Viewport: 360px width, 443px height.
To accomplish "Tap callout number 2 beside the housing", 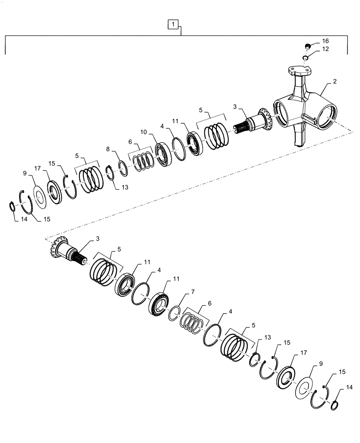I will point(334,82).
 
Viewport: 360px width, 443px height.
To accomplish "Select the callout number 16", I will point(326,41).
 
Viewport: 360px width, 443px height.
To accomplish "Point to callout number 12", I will point(326,49).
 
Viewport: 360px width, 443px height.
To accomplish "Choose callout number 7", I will point(192,293).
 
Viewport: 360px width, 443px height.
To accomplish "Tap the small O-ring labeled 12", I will point(305,58).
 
